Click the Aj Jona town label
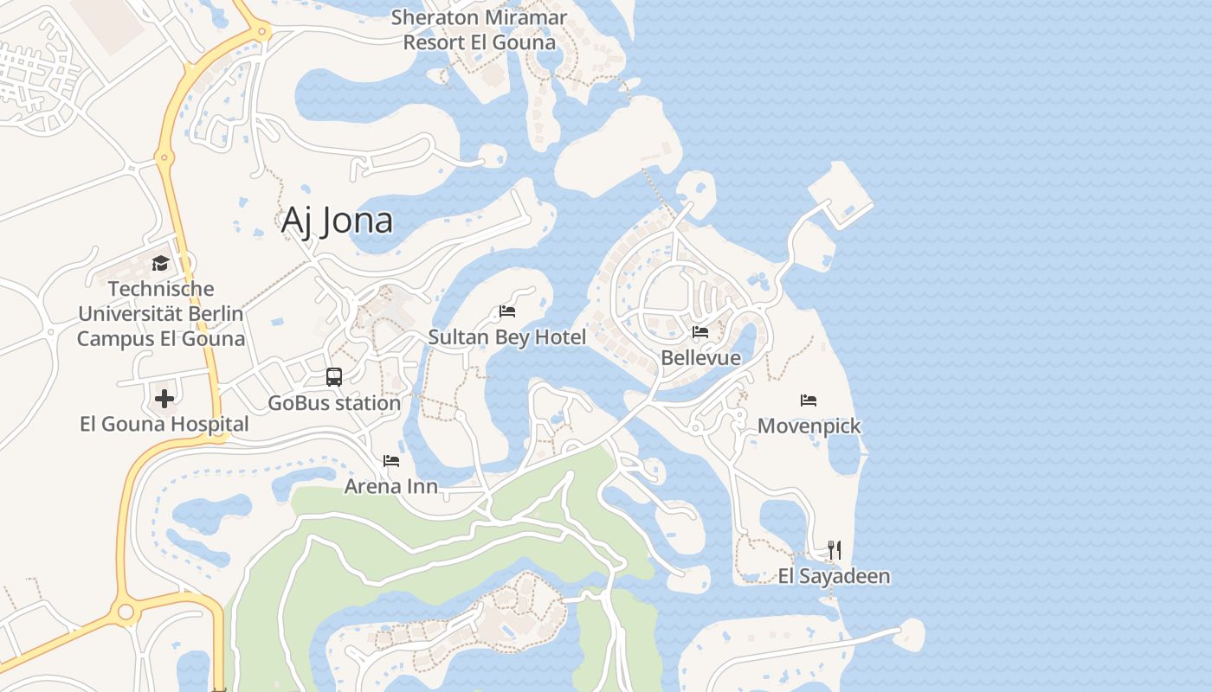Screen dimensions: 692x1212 pyautogui.click(x=337, y=221)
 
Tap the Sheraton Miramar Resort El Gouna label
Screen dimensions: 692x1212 pyautogui.click(x=479, y=29)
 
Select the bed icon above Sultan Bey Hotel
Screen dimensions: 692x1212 pyautogui.click(x=507, y=311)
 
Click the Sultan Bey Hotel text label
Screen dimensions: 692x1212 pyautogui.click(x=507, y=337)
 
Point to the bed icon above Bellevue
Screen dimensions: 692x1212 pyautogui.click(x=700, y=331)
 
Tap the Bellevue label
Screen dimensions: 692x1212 pyautogui.click(x=700, y=358)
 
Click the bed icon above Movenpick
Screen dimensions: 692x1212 pyautogui.click(x=809, y=400)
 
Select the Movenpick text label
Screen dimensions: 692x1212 pyautogui.click(x=809, y=426)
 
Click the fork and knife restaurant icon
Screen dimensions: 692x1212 pyautogui.click(x=834, y=549)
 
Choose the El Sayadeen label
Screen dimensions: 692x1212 pyautogui.click(x=834, y=576)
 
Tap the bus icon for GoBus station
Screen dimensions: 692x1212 pyautogui.click(x=334, y=377)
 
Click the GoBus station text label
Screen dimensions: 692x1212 pyautogui.click(x=334, y=403)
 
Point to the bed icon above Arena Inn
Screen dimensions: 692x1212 pyautogui.click(x=391, y=461)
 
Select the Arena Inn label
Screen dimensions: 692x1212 pyautogui.click(x=391, y=487)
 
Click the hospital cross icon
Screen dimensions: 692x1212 pyautogui.click(x=164, y=399)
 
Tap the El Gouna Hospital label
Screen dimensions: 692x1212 pyautogui.click(x=164, y=425)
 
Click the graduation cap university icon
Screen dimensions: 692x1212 pyautogui.click(x=160, y=263)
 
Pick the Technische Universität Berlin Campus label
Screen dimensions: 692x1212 pyautogui.click(x=161, y=314)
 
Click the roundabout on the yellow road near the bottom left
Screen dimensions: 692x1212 pyautogui.click(x=126, y=612)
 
